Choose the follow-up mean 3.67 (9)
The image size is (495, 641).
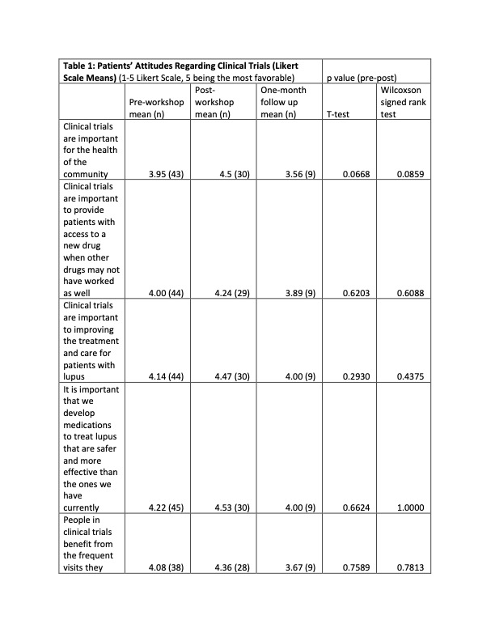tap(295, 567)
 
